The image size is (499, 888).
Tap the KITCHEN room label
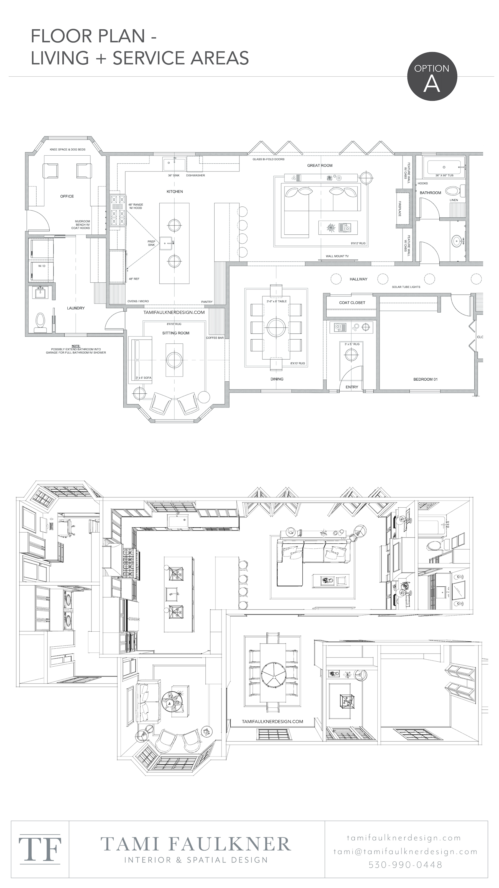coord(175,191)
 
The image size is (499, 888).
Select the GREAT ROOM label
coord(320,165)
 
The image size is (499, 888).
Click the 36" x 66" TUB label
coord(444,175)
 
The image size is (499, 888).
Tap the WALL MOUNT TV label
coord(337,257)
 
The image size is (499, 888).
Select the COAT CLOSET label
coord(352,303)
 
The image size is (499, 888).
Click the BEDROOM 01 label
coord(425,379)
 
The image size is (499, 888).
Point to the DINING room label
coord(277,379)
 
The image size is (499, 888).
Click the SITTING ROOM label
coord(176,333)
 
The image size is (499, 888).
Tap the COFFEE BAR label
coord(215,338)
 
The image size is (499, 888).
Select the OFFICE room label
coord(67,196)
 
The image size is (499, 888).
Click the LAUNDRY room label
coord(75,308)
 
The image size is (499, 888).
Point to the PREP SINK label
coord(152,243)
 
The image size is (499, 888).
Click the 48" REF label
coord(134,279)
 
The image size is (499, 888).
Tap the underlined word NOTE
coord(76,345)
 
